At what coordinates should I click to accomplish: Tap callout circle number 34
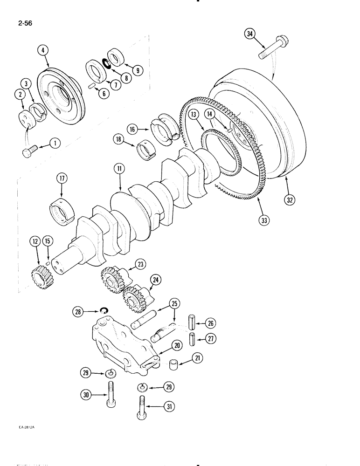[x=251, y=34]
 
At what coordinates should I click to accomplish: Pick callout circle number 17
[x=61, y=178]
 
